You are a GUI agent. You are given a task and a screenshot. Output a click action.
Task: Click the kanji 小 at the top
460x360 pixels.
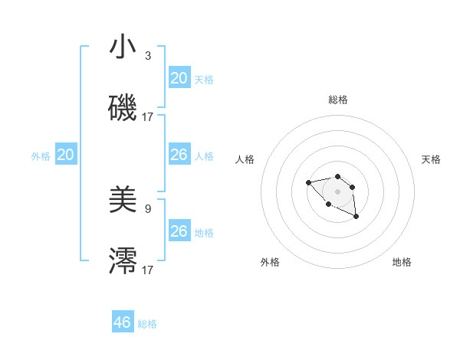point(123,48)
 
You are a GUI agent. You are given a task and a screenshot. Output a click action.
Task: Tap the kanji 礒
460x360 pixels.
point(123,108)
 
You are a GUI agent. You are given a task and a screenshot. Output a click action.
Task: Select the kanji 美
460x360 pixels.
point(123,201)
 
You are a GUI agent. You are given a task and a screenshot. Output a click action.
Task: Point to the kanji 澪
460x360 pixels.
point(123,261)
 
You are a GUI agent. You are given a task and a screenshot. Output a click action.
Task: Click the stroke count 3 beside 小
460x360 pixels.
point(147,56)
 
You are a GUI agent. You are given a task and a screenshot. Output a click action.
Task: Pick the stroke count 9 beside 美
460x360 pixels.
point(147,208)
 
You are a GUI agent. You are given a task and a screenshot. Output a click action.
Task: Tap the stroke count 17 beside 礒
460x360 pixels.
point(148,117)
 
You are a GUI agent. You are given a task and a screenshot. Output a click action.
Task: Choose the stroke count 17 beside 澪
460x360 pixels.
point(148,270)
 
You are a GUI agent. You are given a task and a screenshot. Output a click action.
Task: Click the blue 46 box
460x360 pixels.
point(123,322)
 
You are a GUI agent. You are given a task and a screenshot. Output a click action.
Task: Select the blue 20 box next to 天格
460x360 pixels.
point(179,78)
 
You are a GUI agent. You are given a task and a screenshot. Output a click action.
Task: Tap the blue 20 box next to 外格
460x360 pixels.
point(65,155)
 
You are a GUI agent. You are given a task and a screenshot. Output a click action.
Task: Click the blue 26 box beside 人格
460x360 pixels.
point(179,155)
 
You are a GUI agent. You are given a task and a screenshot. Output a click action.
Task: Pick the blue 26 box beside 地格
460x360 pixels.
point(179,231)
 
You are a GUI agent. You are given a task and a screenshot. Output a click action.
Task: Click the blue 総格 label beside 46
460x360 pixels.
point(147,324)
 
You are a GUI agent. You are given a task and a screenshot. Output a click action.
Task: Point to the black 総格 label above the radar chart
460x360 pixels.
point(338,100)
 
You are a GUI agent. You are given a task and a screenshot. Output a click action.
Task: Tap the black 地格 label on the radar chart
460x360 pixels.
point(402,262)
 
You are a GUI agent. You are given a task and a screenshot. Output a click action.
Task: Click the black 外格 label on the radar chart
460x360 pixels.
point(270,262)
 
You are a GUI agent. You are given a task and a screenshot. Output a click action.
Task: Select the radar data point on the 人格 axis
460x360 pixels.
point(308,182)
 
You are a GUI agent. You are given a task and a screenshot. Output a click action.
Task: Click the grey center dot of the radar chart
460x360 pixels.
point(337,191)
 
